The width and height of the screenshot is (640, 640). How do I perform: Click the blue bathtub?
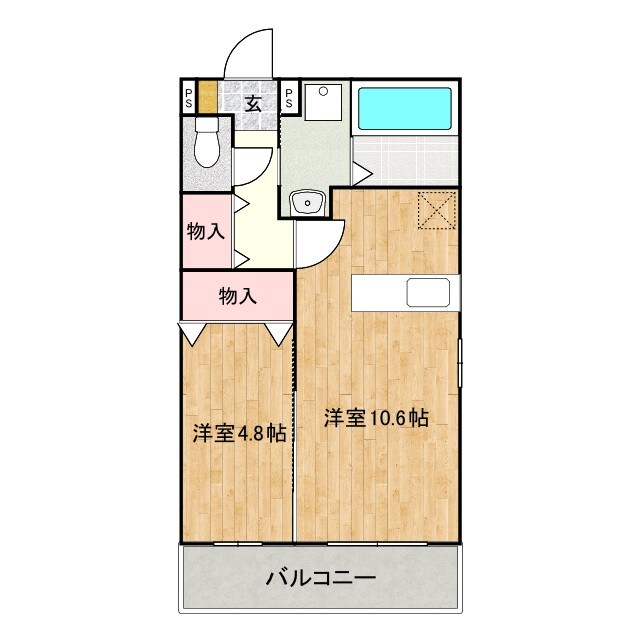pyautogui.click(x=404, y=108)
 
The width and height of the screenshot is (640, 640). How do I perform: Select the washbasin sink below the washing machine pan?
pyautogui.click(x=306, y=203)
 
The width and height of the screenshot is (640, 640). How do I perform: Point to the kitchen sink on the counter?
pyautogui.click(x=427, y=293)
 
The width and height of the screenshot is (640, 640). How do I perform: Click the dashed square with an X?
pyautogui.click(x=436, y=210)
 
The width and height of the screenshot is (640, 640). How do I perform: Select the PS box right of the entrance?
pyautogui.click(x=288, y=97)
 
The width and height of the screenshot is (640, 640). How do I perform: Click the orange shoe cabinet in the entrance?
pyautogui.click(x=207, y=97)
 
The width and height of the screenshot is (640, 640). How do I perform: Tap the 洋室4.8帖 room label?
pyautogui.click(x=239, y=433)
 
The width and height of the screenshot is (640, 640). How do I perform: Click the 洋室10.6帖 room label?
pyautogui.click(x=376, y=419)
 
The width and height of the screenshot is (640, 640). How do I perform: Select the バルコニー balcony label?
pyautogui.click(x=320, y=577)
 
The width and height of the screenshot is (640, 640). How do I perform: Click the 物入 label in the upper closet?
pyautogui.click(x=205, y=232)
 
